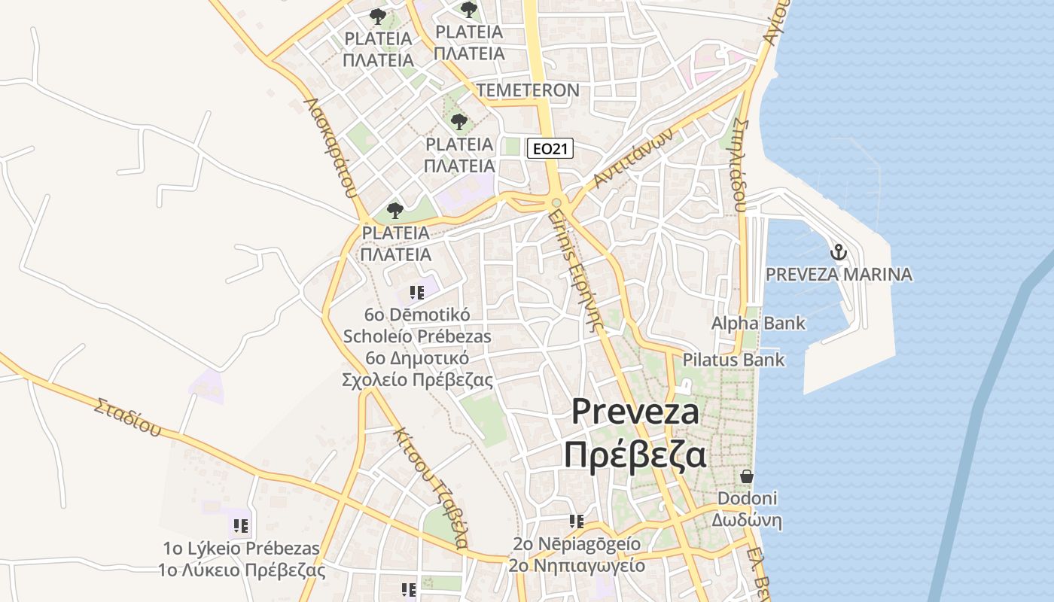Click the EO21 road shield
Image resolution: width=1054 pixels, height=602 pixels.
pos(550,149)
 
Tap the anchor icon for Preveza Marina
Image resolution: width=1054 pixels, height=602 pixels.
pos(838,252)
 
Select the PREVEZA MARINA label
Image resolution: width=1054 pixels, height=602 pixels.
pos(839,274)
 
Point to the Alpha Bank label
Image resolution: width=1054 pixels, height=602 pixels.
pos(758,324)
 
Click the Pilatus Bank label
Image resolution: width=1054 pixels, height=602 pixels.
pos(733,360)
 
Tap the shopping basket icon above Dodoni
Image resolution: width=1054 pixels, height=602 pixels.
pos(747,476)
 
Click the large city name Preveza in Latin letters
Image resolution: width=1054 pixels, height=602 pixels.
pos(635,412)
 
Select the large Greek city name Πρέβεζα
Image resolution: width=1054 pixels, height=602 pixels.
pos(635,455)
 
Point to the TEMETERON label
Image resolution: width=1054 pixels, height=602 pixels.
pos(528,91)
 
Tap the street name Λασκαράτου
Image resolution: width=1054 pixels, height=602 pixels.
pos(330,146)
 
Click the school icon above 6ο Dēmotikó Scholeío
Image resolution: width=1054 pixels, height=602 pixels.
pos(416,293)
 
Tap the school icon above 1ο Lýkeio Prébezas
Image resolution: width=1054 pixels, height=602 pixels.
pos(240,524)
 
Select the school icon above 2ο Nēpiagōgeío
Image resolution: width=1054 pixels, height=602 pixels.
pos(577,521)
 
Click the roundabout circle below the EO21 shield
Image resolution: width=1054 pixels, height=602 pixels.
pos(556,202)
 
